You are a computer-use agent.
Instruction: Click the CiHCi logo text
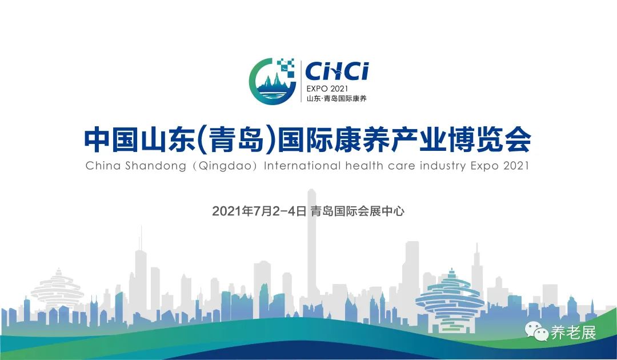(x=337, y=71)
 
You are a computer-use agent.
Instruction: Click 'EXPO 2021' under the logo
(x=327, y=89)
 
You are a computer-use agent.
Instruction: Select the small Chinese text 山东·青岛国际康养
(x=336, y=98)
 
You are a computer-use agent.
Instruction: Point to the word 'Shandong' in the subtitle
(x=155, y=166)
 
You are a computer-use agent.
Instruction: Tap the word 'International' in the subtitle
(x=302, y=165)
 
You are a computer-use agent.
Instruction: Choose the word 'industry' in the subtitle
(x=442, y=166)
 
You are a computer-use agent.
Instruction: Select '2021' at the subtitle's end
(x=516, y=165)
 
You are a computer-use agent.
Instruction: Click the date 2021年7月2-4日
(x=259, y=211)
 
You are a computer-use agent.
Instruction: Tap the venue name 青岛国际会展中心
(x=357, y=211)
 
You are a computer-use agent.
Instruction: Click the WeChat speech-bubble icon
(x=536, y=331)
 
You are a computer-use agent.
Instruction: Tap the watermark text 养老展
(x=574, y=333)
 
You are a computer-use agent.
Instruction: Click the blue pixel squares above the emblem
(x=286, y=67)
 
